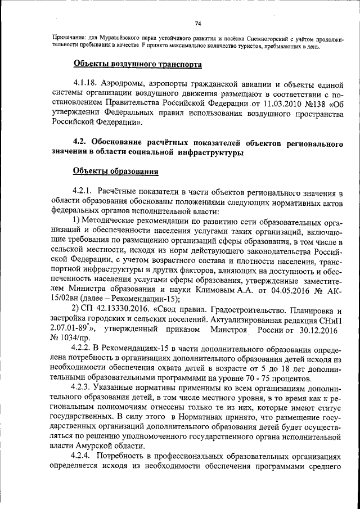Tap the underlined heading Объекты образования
(115, 171)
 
